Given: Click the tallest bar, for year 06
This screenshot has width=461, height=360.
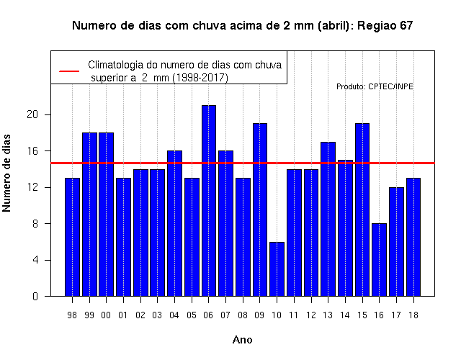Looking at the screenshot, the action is coord(209,201).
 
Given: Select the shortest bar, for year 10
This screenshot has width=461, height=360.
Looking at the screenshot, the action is coord(277,269).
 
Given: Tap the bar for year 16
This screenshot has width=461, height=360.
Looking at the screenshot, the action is coord(380,260).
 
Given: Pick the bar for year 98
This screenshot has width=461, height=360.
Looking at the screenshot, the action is coord(72,237).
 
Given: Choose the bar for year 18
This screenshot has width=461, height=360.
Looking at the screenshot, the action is coord(413,237).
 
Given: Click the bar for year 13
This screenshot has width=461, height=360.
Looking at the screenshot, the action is coord(328,219).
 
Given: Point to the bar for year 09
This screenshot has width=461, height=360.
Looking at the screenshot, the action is coord(260,210).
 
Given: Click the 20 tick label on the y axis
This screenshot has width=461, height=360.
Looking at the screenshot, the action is coord(32,114).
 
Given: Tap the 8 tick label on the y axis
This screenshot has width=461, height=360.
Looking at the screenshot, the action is coord(35,224).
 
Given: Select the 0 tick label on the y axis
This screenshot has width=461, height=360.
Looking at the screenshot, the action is coord(35,296).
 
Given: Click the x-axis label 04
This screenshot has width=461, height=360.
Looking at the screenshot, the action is coord(174,315).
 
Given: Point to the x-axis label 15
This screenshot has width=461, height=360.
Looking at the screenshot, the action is coord(362,315).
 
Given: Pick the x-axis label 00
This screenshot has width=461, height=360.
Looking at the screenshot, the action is coord(106,315).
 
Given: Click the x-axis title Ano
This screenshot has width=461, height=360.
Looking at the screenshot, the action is coord(243,340).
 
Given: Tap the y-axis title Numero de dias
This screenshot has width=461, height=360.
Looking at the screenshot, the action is coord(6,173).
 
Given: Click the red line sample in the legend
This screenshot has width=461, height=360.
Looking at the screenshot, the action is coord(69,71).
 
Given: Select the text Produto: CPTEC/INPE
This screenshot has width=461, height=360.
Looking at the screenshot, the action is coord(375,86).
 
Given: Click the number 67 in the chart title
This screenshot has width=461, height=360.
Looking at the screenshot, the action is coord(406,26).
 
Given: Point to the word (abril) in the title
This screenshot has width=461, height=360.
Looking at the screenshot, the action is coord(336,26).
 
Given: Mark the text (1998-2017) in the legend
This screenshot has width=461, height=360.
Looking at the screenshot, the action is coord(200,78).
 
